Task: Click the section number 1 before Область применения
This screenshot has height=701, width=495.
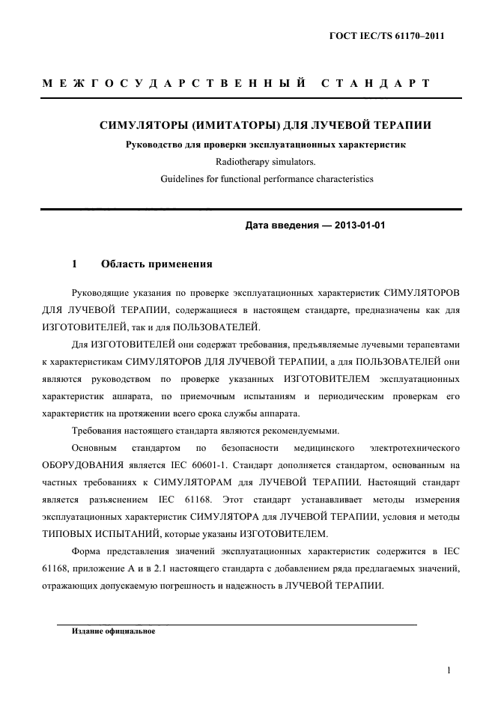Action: point(75,264)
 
